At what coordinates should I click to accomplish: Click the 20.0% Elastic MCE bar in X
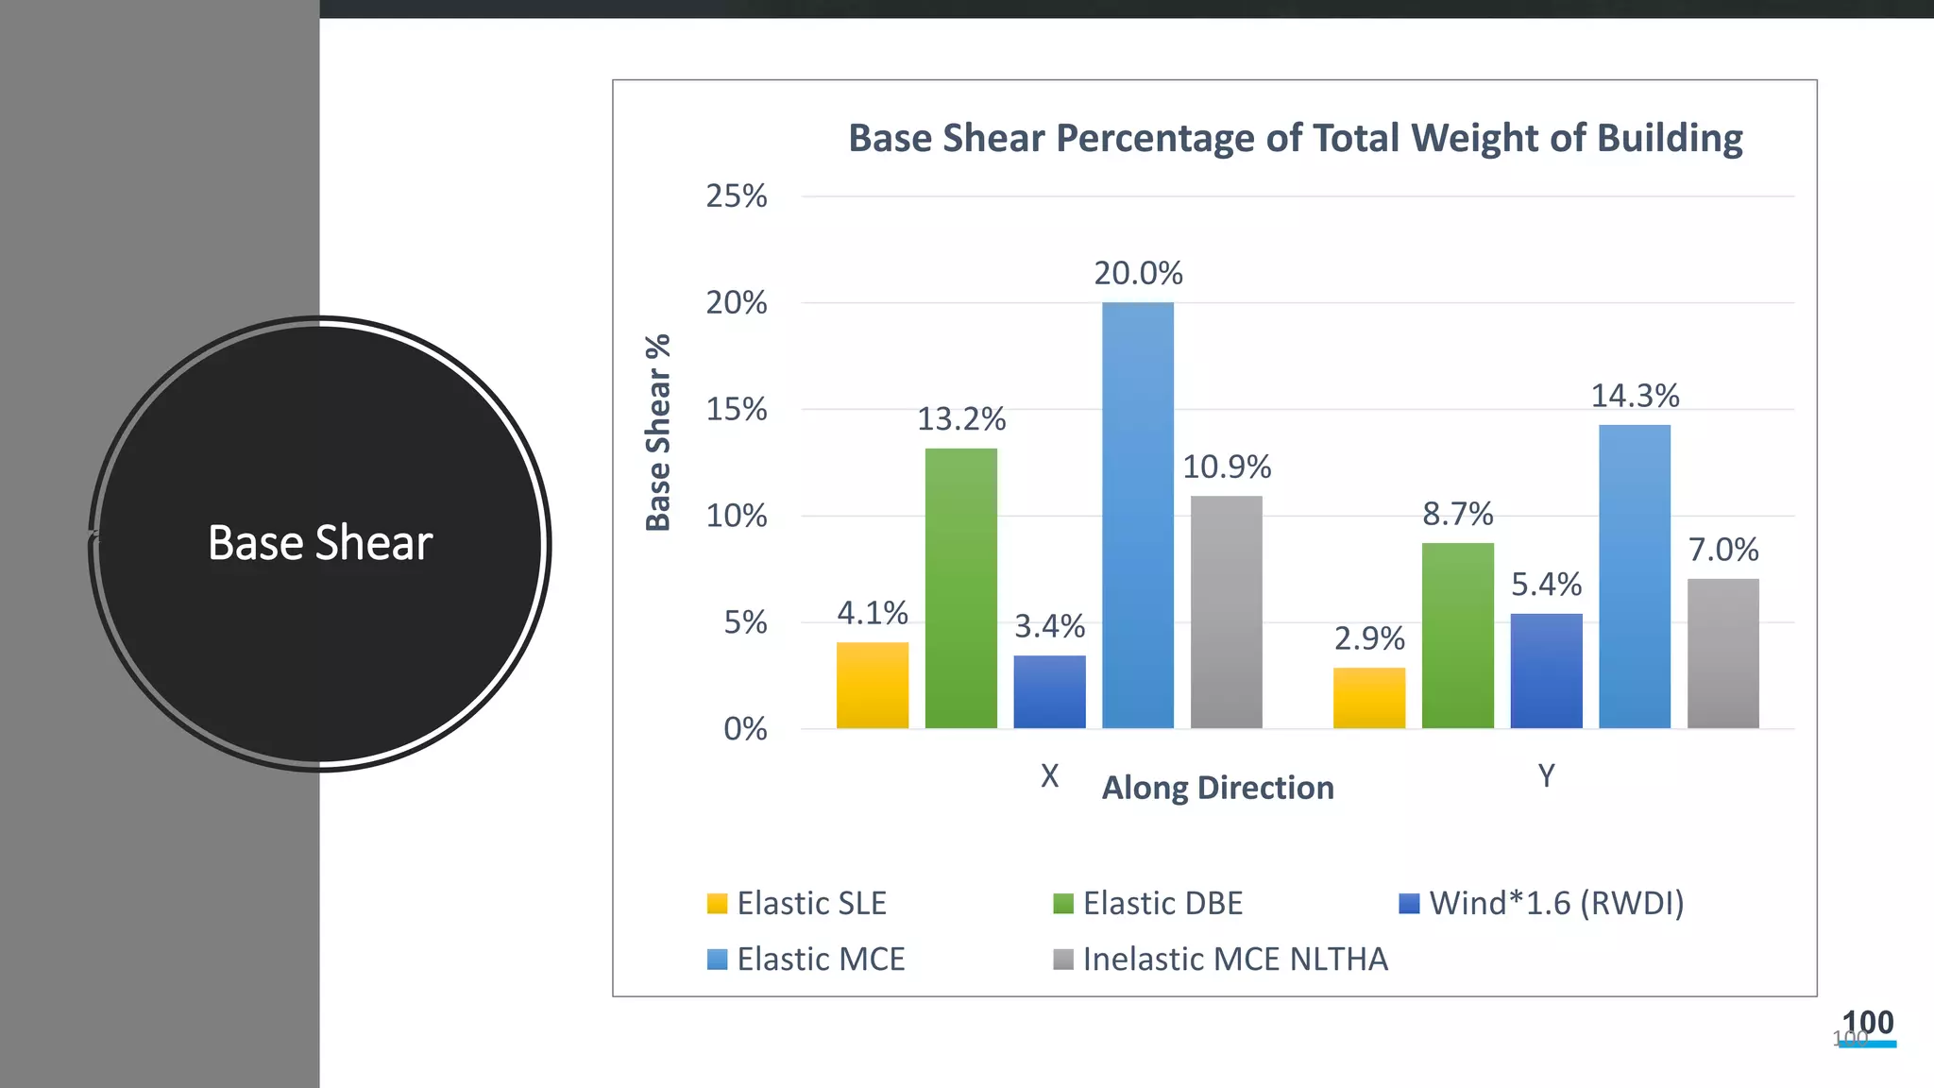(x=1138, y=515)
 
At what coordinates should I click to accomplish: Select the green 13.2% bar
(x=960, y=587)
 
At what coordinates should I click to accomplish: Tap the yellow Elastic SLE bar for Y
(x=1369, y=698)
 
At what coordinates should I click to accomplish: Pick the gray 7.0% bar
(x=1722, y=653)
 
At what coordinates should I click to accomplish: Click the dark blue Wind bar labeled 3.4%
(x=1049, y=691)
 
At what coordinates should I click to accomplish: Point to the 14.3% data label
(x=1635, y=396)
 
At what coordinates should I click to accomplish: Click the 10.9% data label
(x=1227, y=467)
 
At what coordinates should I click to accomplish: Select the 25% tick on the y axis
(x=737, y=196)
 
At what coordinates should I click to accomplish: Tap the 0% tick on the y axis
(x=744, y=729)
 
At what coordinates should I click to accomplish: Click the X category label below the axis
(x=1049, y=776)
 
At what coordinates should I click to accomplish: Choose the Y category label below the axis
(x=1546, y=776)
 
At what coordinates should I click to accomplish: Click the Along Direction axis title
(x=1217, y=788)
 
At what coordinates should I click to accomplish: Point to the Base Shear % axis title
(x=658, y=433)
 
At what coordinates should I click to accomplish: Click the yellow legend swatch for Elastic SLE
(x=717, y=904)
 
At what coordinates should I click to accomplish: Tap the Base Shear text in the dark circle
(x=320, y=543)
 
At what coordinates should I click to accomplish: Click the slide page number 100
(x=1867, y=1023)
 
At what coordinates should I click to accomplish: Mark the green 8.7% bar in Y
(x=1457, y=635)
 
